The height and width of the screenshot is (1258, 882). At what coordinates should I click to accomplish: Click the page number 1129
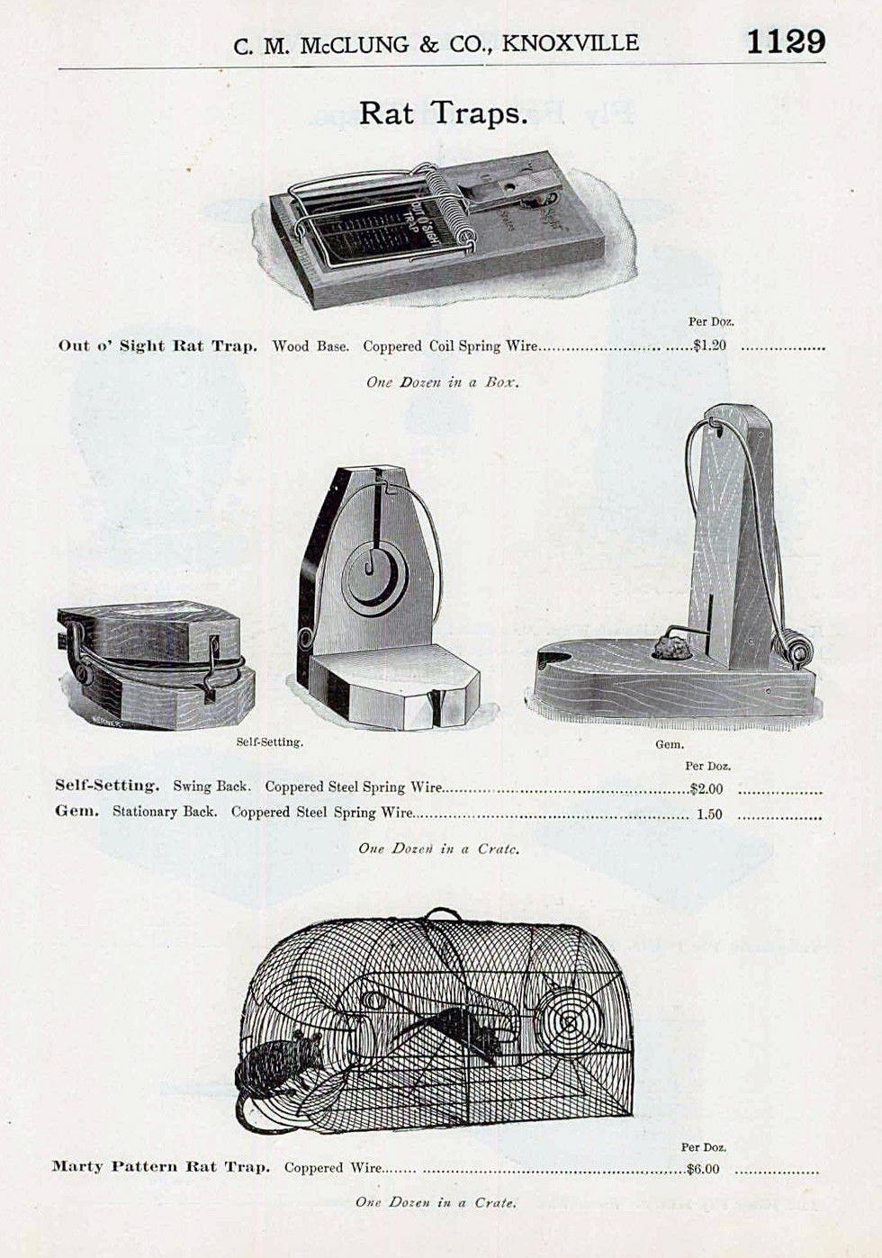[x=785, y=41]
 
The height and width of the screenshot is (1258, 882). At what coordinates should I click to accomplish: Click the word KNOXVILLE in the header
[x=570, y=43]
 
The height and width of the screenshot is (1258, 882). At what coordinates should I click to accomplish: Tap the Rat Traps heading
[x=443, y=113]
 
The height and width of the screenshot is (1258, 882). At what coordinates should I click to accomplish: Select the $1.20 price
[x=709, y=346]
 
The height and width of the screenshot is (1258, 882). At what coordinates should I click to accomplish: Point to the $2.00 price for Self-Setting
[x=706, y=789]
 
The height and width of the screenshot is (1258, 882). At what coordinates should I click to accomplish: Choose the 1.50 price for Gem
[x=709, y=814]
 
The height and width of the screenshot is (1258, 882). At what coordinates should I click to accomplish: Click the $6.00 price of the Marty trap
[x=702, y=1169]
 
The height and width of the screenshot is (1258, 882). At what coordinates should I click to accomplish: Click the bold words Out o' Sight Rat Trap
[x=157, y=346]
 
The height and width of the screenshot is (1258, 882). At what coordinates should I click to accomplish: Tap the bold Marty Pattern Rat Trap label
[x=161, y=1167]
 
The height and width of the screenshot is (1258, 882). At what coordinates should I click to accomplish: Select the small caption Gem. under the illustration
[x=670, y=744]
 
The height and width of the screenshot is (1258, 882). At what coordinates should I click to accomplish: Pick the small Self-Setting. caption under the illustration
[x=270, y=742]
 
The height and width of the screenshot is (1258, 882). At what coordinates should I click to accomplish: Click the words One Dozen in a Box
[x=443, y=382]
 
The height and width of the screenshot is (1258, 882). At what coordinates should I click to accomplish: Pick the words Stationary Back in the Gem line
[x=164, y=812]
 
